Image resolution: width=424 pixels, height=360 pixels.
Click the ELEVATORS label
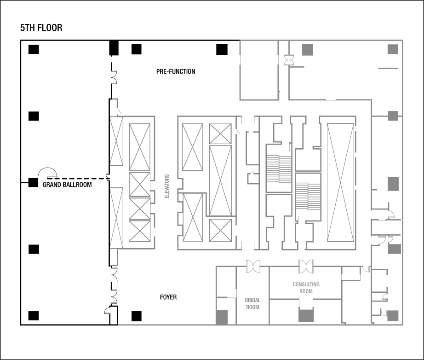point(167,186)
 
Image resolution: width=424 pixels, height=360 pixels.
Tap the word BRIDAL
point(252,300)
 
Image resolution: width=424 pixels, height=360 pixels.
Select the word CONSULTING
point(306,285)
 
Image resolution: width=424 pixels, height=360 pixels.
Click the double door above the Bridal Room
point(253,266)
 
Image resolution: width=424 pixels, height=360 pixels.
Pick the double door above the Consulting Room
point(306,266)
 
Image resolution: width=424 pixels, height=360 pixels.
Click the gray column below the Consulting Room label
point(306,315)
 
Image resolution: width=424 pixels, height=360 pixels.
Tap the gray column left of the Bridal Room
point(222,317)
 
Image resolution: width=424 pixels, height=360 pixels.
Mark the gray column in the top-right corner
point(392,49)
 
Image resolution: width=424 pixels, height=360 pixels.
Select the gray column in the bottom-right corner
point(392,316)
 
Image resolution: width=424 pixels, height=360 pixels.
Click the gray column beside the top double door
point(307,50)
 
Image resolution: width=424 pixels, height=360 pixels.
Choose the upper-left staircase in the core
point(279,169)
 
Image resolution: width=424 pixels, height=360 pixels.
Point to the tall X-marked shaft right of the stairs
point(340,182)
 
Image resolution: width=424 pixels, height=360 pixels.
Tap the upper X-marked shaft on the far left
point(116,140)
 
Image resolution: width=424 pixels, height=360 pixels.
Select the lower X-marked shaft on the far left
point(116,218)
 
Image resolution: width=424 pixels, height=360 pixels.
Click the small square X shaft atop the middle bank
point(220,134)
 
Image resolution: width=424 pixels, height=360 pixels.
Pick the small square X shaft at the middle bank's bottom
point(220,230)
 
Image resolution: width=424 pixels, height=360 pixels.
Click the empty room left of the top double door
point(259,70)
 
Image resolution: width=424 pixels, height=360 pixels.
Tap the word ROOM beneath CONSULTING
point(306,291)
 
